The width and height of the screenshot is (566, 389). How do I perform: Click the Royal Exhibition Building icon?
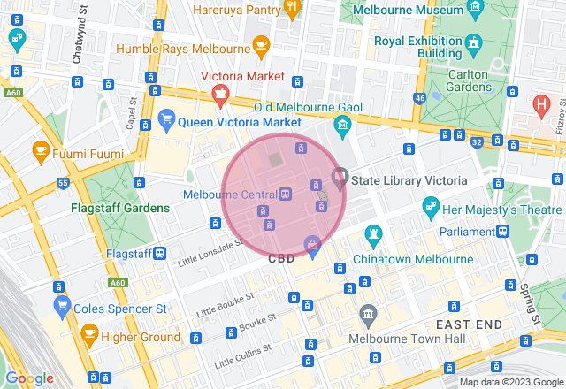click(474, 42)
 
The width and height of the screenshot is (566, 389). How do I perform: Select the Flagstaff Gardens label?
click(120, 208)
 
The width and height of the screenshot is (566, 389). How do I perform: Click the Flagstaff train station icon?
click(159, 253)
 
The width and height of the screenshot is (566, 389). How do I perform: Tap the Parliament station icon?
click(502, 231)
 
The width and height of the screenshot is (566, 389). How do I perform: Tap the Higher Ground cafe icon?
click(88, 333)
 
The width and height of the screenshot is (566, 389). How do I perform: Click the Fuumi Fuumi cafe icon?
click(40, 151)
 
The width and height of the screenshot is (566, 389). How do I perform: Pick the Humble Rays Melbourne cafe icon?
click(260, 44)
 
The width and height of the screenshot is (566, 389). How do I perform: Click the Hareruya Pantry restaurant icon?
click(292, 9)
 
